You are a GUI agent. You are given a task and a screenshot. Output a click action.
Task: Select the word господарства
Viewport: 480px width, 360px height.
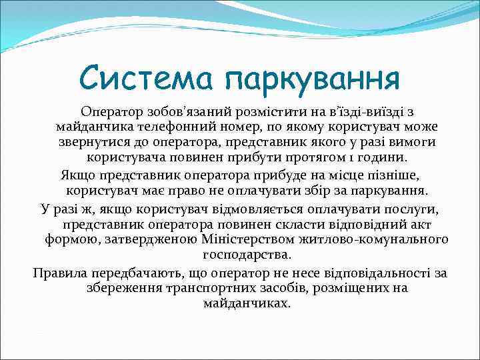click(x=247, y=255)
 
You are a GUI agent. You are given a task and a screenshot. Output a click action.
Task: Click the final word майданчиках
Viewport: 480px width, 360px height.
click(x=247, y=303)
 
